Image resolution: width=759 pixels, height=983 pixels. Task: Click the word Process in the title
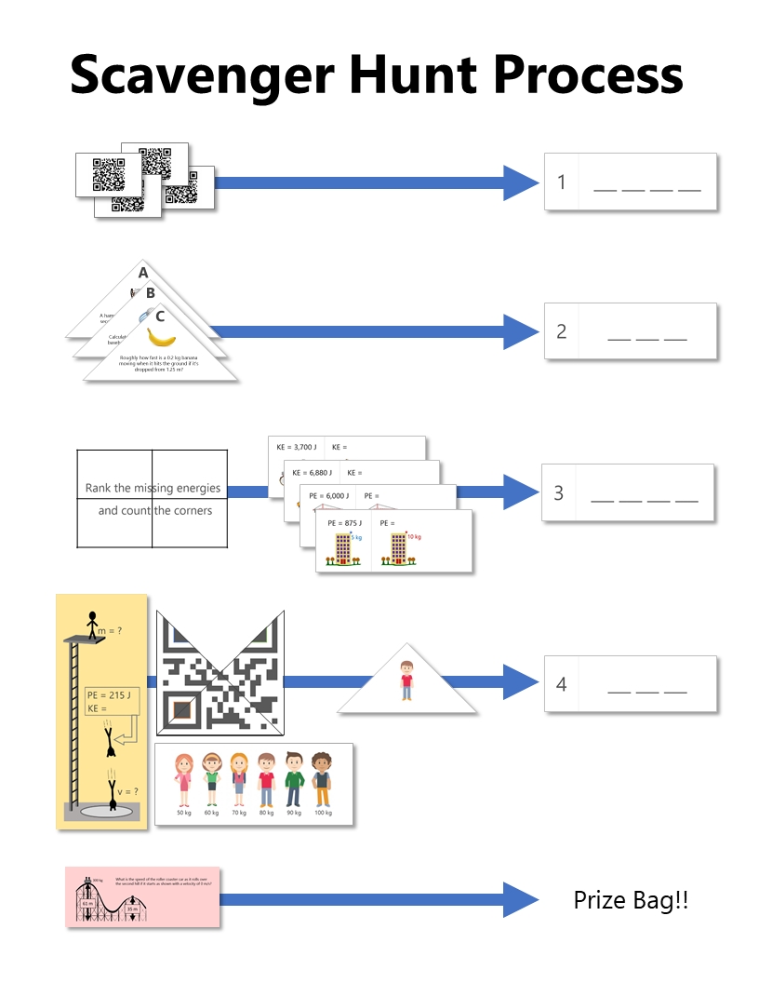587,74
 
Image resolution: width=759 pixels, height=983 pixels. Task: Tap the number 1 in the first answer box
562,182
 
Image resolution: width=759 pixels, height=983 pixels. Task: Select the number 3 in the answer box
559,493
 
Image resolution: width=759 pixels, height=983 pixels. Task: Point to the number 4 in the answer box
561,685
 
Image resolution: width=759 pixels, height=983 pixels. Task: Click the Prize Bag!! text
631,901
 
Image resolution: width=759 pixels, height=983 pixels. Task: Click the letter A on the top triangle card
143,273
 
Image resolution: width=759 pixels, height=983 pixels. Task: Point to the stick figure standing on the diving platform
92,624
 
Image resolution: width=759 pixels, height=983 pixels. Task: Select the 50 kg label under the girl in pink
184,813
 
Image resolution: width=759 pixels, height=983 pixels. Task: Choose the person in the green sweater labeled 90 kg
294,779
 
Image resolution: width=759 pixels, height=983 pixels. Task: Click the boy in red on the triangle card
406,680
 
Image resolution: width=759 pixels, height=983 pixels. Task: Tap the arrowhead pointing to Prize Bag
520,899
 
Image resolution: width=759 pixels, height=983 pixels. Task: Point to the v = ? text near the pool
128,792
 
